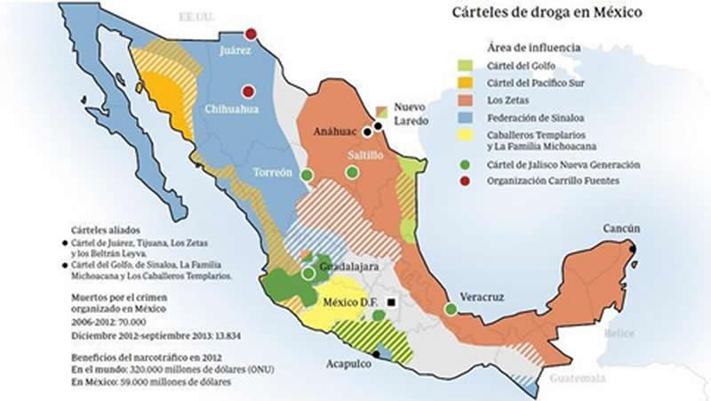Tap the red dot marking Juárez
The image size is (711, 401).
(252, 34)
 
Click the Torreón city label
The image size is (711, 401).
(273, 172)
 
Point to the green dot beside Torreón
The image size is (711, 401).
(308, 175)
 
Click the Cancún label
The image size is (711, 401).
(621, 229)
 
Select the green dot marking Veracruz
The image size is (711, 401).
(451, 309)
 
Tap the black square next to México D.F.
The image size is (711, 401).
(391, 302)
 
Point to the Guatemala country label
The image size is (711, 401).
(577, 378)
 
